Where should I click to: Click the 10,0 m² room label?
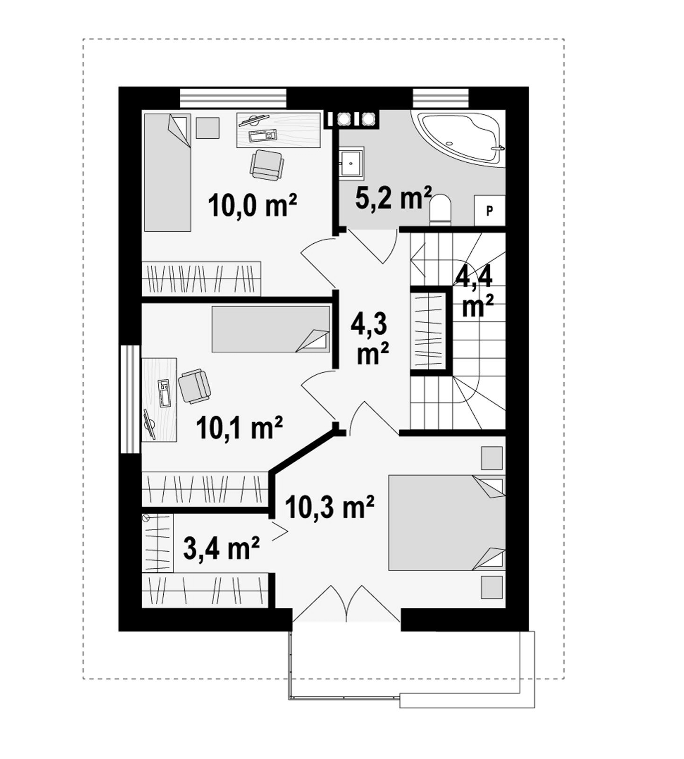pos(253,205)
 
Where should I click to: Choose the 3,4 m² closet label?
pos(221,548)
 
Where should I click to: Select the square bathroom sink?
pos(352,162)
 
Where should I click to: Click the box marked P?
pos(489,211)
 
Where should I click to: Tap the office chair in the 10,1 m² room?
pos(194,386)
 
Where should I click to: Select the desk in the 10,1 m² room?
pos(159,399)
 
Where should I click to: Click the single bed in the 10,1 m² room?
pos(270,329)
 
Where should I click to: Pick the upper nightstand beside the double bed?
pos(492,458)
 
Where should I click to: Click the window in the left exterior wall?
pos(130,399)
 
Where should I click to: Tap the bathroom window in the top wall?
pos(441,98)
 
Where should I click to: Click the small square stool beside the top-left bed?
pos(207,128)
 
